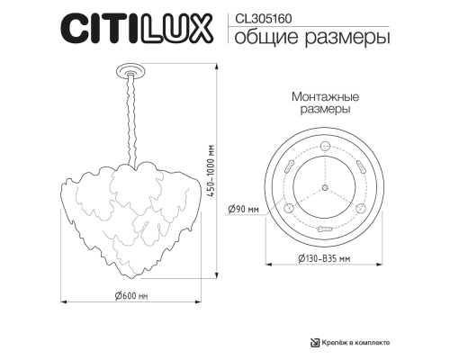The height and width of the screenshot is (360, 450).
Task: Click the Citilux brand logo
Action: pos(136,28)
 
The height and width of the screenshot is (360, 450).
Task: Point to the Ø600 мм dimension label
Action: pos(131,296)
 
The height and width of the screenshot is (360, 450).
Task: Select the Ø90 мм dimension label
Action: pos(246,209)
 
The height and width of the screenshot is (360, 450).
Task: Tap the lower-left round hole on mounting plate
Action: pos(290,208)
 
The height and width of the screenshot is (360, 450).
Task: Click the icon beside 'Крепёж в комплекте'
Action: pos(315,341)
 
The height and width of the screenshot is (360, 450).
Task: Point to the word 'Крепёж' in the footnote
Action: pos(340,342)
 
